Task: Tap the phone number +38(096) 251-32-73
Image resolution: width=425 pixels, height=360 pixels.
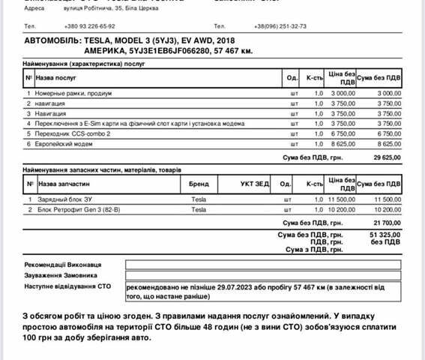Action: click(280, 25)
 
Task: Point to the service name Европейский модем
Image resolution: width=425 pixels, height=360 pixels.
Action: click(66, 142)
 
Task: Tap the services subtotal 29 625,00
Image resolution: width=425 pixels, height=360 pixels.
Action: click(387, 157)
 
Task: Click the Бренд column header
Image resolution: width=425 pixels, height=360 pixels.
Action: click(199, 183)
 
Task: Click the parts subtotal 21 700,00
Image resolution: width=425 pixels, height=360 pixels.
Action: click(387, 223)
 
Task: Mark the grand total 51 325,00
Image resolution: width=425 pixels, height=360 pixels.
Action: click(387, 235)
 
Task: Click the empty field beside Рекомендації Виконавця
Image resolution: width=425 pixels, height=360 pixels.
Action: click(263, 264)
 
